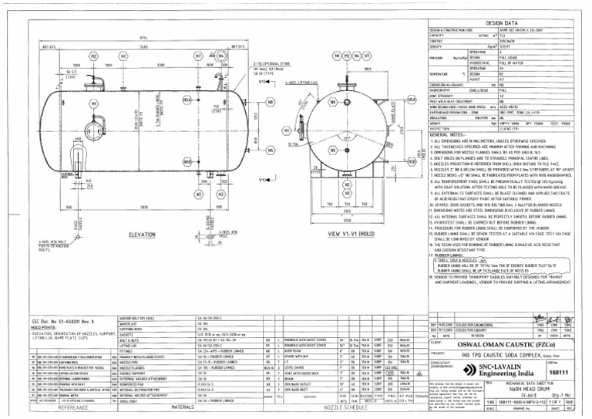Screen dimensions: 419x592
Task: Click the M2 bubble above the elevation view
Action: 93,56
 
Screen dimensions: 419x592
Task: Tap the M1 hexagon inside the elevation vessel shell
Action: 95,103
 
